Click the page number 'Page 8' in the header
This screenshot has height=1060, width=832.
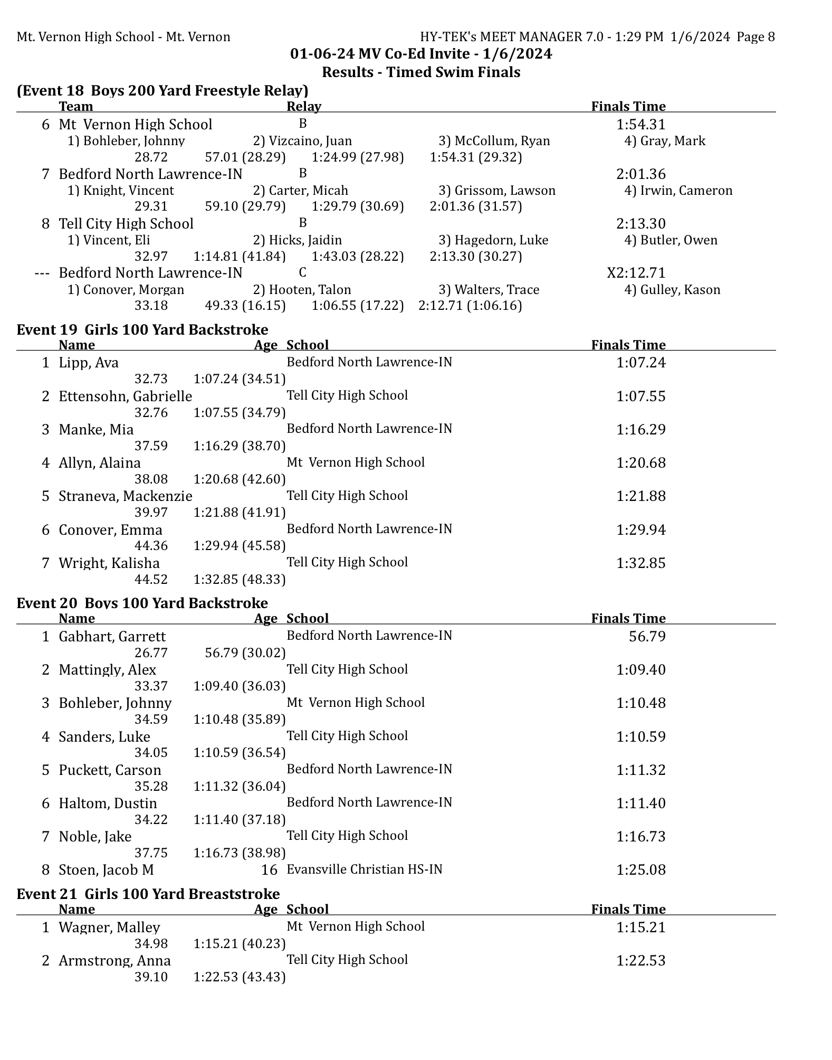tap(756, 37)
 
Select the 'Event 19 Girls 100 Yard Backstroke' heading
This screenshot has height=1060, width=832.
tap(142, 330)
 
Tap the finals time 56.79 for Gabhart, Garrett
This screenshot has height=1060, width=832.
tap(647, 637)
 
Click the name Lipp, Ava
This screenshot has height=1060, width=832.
tap(89, 363)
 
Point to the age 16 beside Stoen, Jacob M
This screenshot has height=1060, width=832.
tap(269, 870)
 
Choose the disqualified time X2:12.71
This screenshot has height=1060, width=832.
tap(636, 273)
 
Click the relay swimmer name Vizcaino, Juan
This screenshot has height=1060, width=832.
tap(302, 141)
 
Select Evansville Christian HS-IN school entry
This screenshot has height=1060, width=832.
tap(365, 869)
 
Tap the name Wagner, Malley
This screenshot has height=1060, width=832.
tap(109, 927)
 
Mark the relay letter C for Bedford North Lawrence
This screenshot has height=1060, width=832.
tap(302, 272)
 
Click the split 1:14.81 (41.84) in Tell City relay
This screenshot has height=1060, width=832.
tap(240, 257)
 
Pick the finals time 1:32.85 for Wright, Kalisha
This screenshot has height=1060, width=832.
tap(640, 563)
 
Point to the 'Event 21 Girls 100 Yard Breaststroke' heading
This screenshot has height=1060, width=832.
tap(148, 894)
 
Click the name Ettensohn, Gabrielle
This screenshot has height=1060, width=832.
tap(125, 396)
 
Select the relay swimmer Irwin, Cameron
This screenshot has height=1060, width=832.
tap(678, 191)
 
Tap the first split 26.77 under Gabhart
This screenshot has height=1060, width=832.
tap(151, 654)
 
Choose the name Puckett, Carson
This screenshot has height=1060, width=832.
tap(110, 770)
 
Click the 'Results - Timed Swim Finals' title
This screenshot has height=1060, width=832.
tap(421, 72)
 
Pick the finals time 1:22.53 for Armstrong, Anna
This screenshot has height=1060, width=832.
tap(640, 961)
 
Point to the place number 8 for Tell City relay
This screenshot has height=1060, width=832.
tap(46, 224)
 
